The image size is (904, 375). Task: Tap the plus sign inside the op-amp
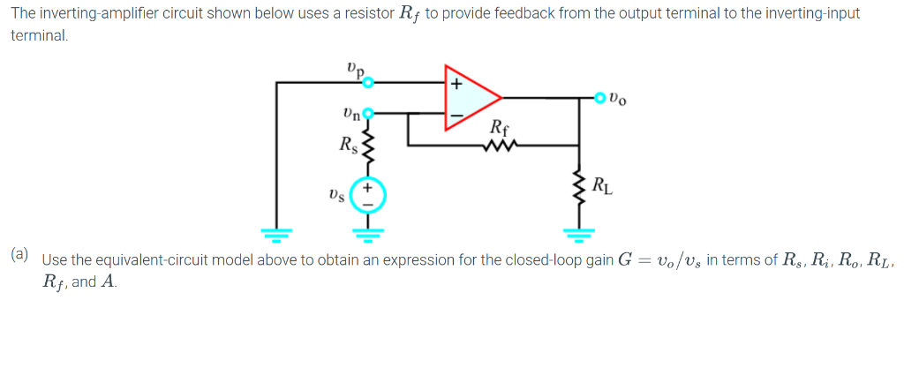point(456,86)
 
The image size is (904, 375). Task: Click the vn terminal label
point(350,113)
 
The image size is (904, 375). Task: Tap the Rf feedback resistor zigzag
point(498,146)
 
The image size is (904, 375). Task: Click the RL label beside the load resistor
point(601,186)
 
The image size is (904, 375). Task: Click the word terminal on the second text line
point(38,36)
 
